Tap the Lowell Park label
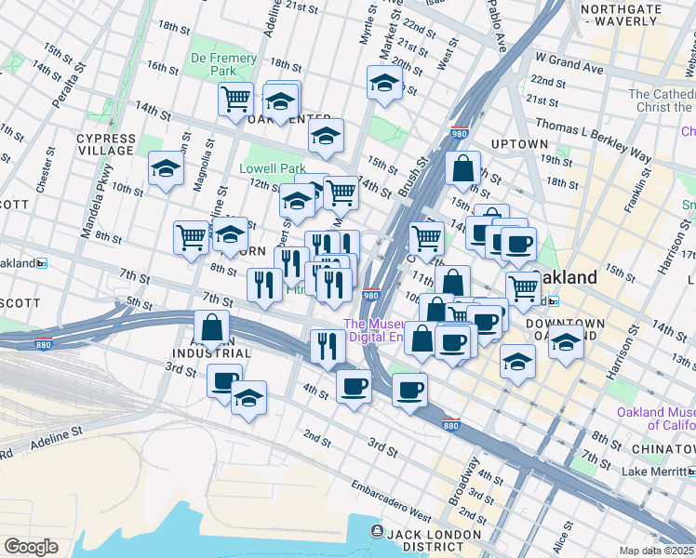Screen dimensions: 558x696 (x=273, y=168)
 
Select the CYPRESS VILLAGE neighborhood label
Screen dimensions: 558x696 (x=106, y=144)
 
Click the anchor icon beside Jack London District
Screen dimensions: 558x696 (x=376, y=531)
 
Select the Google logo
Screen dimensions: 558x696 (x=32, y=547)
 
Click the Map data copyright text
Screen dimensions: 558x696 (x=657, y=551)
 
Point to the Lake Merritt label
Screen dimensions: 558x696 (x=659, y=472)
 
